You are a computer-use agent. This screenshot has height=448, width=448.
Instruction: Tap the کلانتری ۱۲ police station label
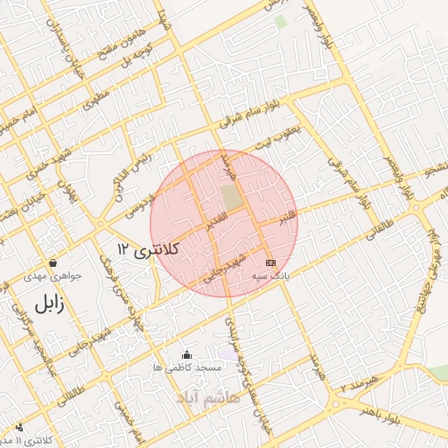(147, 250)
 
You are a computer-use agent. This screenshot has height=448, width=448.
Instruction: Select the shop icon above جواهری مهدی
(54, 262)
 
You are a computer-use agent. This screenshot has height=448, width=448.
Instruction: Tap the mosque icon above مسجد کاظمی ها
(185, 354)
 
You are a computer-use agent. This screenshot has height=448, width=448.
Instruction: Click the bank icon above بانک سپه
(270, 262)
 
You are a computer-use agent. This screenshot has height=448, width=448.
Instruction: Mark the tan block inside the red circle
(230, 196)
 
